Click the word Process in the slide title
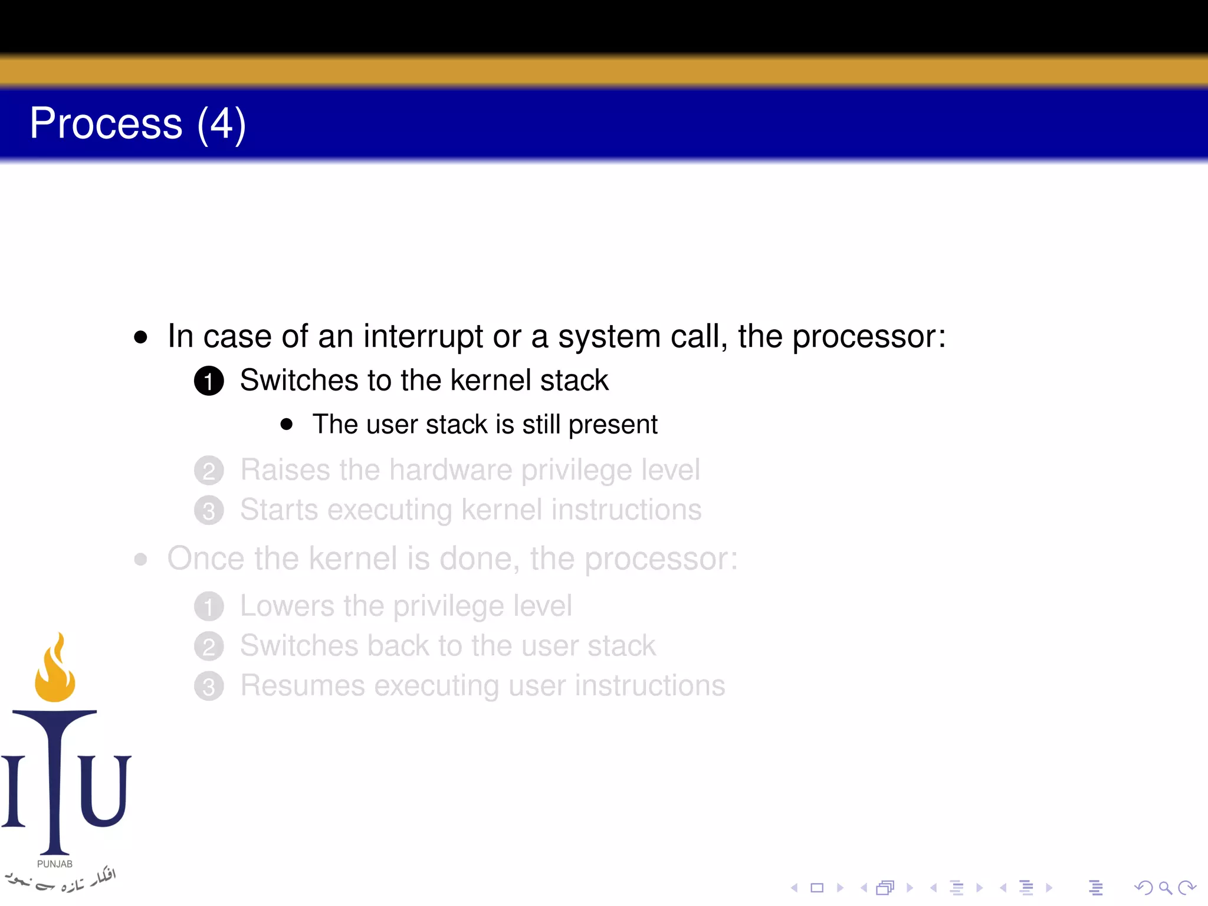tap(106, 124)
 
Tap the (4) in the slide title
tap(221, 124)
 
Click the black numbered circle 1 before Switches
tap(209, 381)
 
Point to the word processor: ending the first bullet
tap(869, 337)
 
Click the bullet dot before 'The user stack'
tap(287, 425)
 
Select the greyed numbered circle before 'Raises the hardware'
tap(209, 471)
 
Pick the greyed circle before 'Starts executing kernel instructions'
tap(209, 511)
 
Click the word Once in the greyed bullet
tap(205, 559)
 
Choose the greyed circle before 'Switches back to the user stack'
tap(209, 646)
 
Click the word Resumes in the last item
tap(303, 685)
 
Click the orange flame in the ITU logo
tap(55, 672)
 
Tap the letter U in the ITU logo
tap(104, 790)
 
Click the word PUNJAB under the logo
tap(55, 864)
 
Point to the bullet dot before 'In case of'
tap(140, 337)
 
